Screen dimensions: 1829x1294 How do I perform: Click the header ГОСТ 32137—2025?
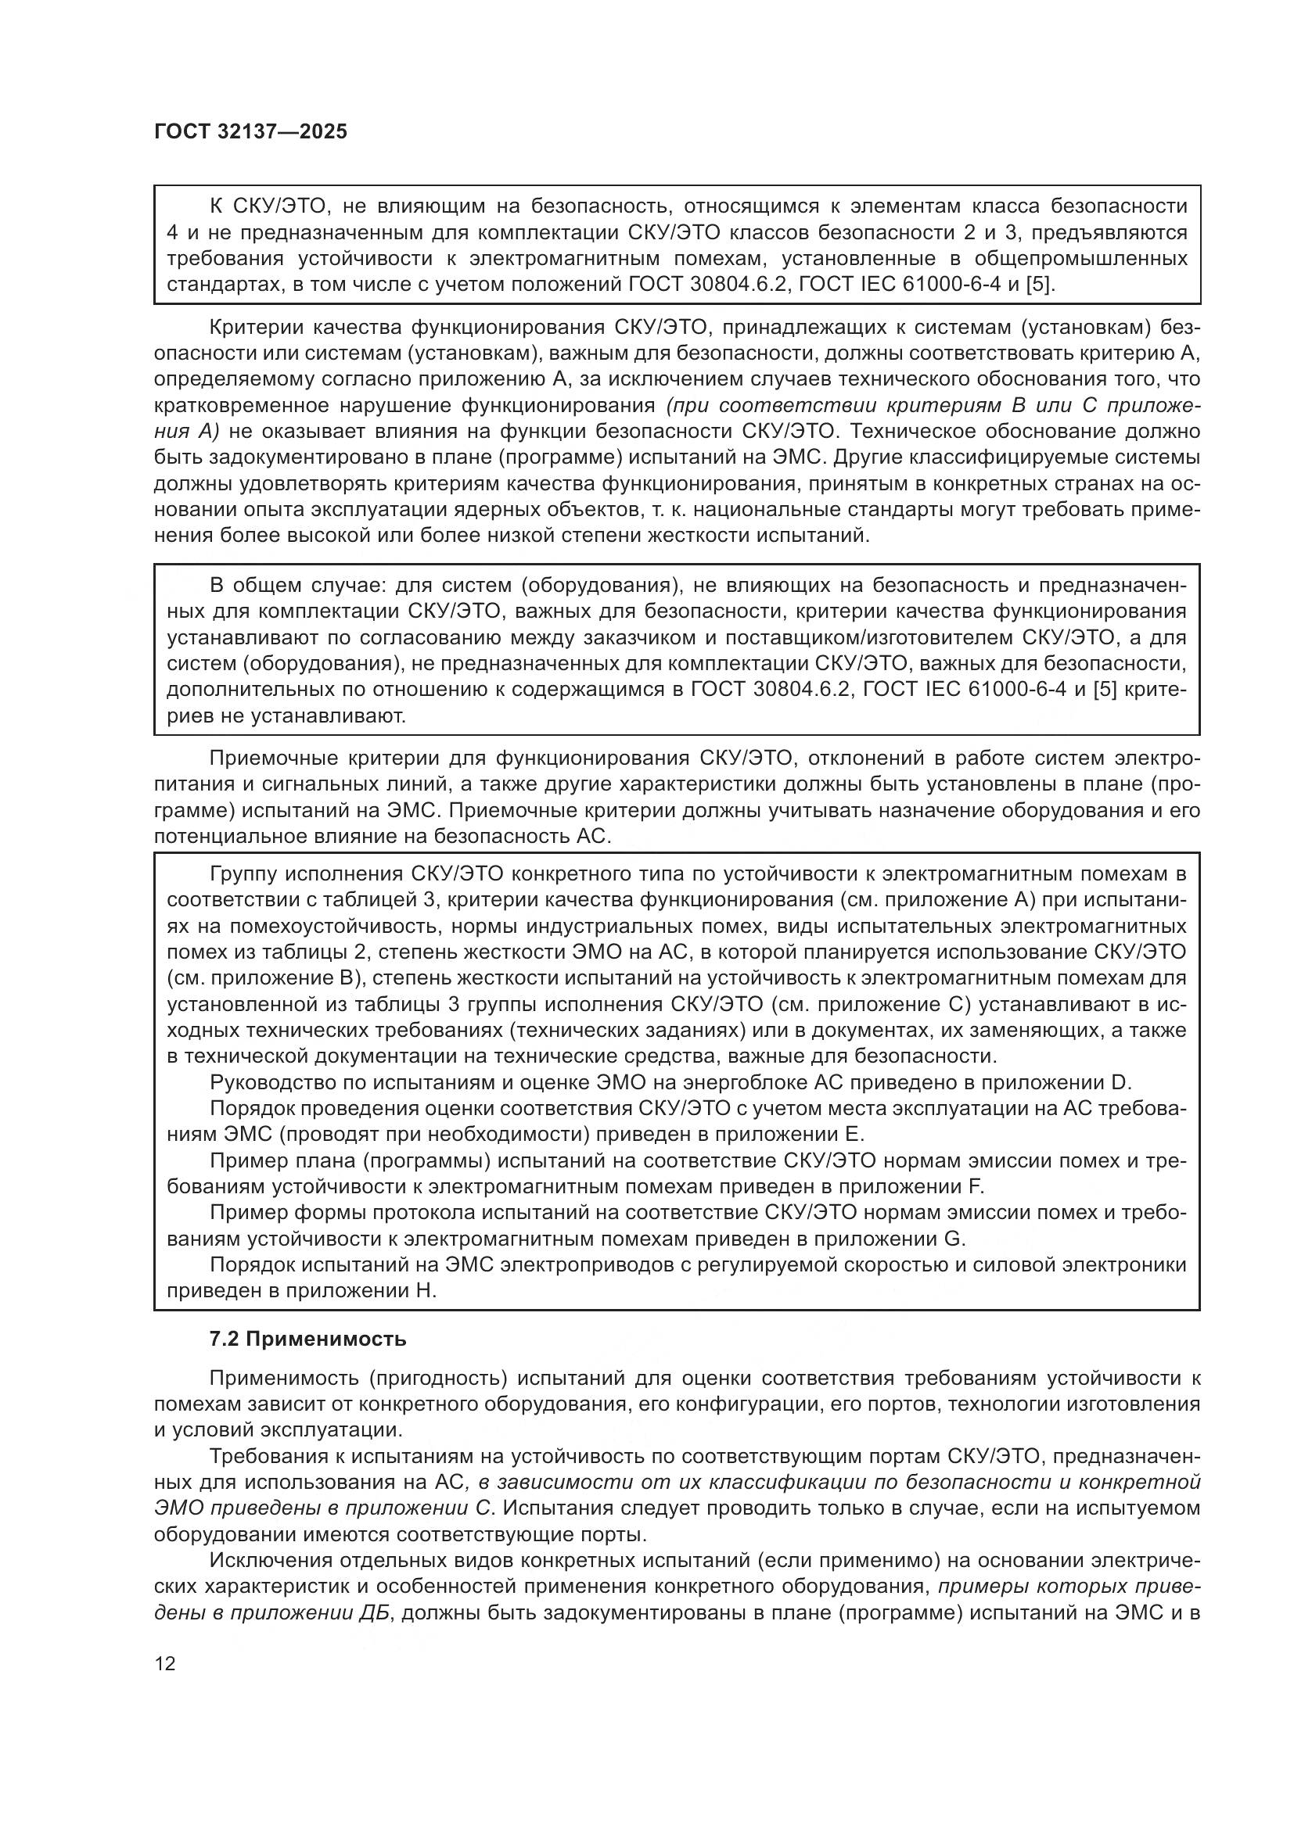[x=250, y=131]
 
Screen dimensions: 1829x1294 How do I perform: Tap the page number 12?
[x=165, y=1663]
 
